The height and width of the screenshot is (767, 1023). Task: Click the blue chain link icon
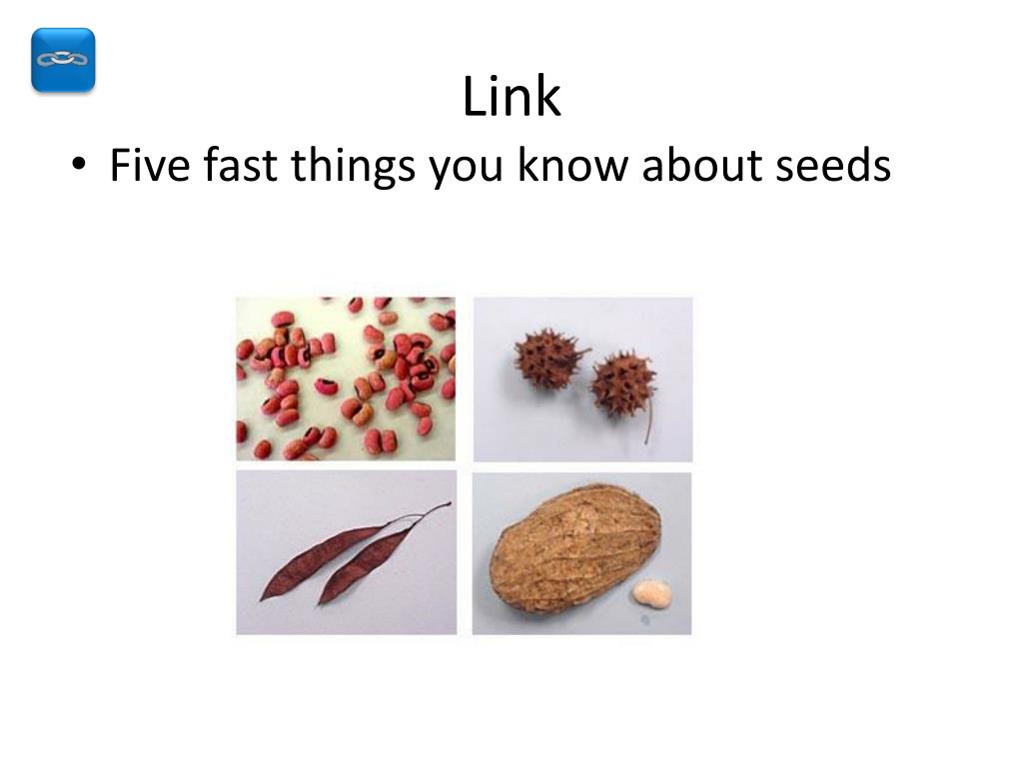[x=63, y=60]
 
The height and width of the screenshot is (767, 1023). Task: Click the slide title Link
[x=511, y=98]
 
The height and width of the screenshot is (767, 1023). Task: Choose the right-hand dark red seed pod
[x=365, y=565]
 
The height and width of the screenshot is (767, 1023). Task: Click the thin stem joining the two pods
[x=425, y=513]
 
